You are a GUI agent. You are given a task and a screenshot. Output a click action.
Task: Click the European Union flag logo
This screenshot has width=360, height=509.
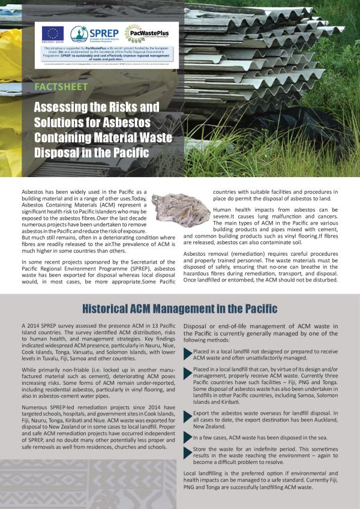53,34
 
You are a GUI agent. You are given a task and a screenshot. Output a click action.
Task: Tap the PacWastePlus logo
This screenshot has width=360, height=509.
142,33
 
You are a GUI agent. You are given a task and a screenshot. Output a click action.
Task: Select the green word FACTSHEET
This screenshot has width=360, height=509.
61,86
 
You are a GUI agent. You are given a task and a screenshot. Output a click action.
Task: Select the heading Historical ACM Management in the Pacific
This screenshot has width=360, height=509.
179,309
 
